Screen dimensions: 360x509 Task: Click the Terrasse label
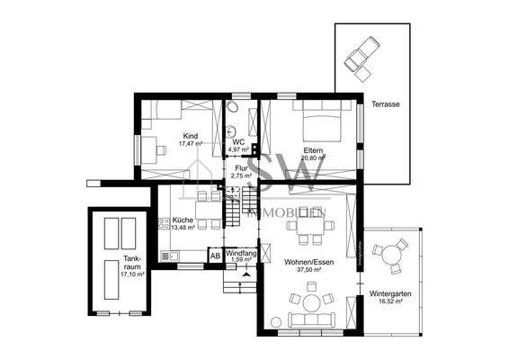(385, 105)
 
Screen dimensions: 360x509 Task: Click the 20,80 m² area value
(313, 158)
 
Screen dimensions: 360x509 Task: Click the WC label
(239, 141)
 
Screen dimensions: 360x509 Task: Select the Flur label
(241, 167)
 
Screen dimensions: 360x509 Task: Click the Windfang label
(241, 253)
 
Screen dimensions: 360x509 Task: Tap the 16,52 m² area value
(390, 304)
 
